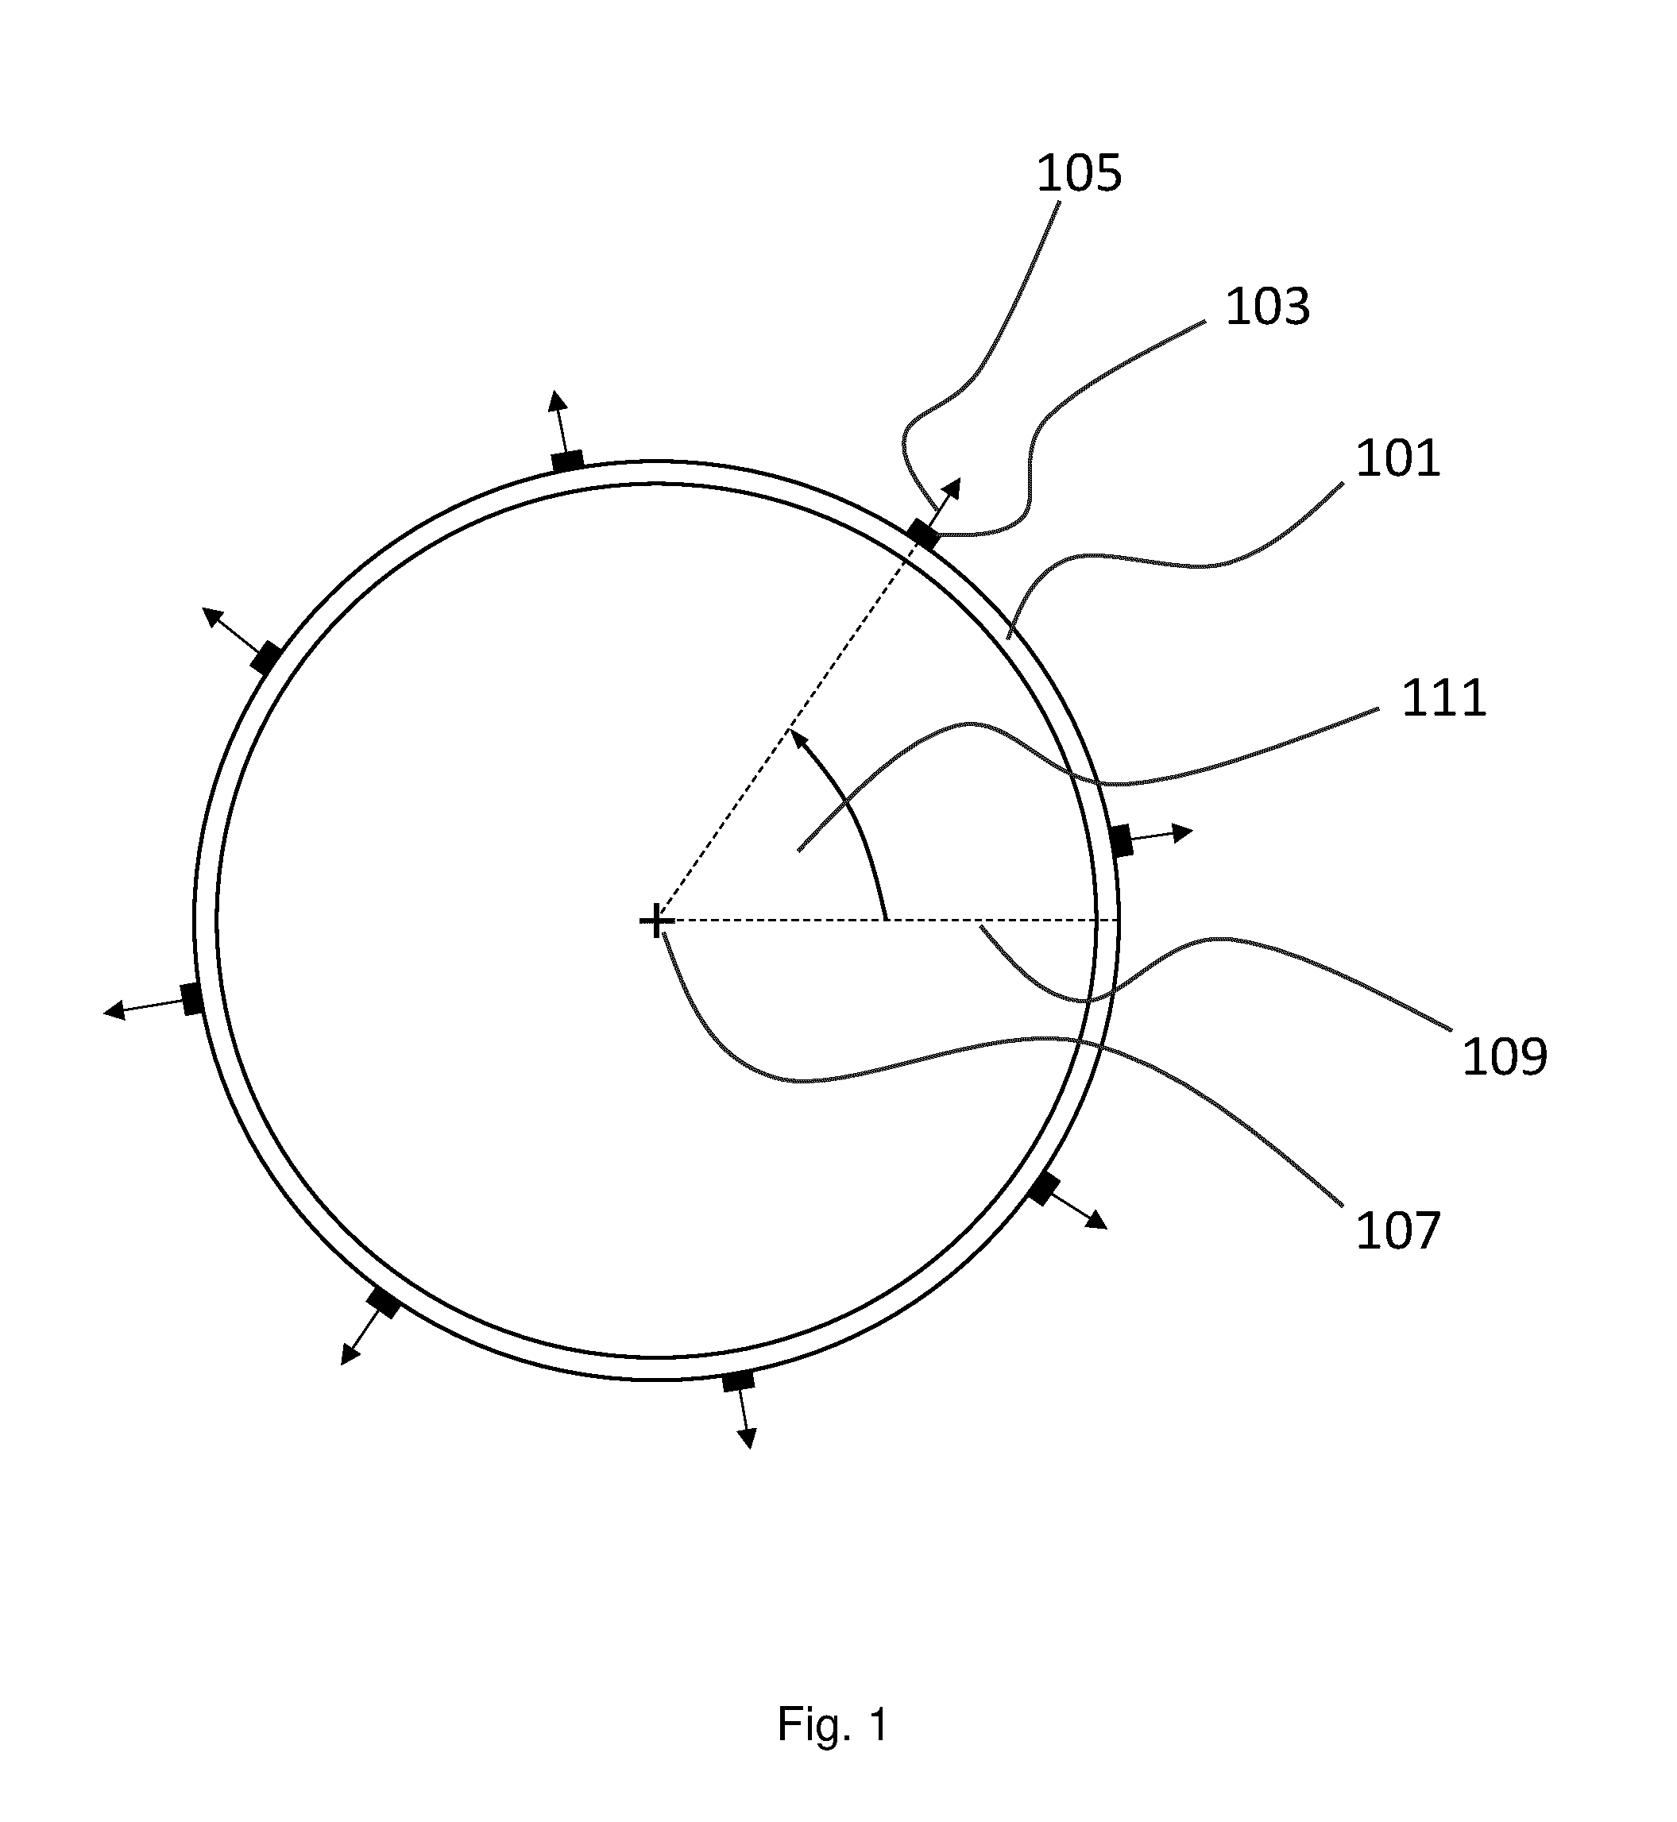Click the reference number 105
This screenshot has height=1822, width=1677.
1079,173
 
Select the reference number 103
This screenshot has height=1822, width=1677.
1268,307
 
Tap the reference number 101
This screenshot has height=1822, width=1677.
1397,458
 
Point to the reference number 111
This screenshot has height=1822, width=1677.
1443,699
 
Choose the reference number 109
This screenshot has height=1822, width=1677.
1505,1056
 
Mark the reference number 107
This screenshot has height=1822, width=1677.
1397,1232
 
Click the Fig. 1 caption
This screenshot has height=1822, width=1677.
833,1724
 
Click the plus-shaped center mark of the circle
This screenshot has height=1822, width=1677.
656,923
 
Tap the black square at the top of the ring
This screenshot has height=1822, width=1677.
568,461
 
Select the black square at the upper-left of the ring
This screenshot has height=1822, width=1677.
266,658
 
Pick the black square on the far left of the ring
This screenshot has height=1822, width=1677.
191,999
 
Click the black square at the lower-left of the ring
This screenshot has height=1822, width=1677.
383,1304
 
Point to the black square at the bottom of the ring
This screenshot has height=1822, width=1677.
739,1382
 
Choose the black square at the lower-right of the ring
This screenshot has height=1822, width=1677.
1044,1189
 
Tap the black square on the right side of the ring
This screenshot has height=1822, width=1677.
1123,840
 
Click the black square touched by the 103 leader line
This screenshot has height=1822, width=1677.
924,534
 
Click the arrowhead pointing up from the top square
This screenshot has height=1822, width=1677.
557,401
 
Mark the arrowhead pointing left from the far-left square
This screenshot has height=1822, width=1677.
114,1010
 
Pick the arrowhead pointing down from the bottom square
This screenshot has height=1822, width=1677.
747,1438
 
